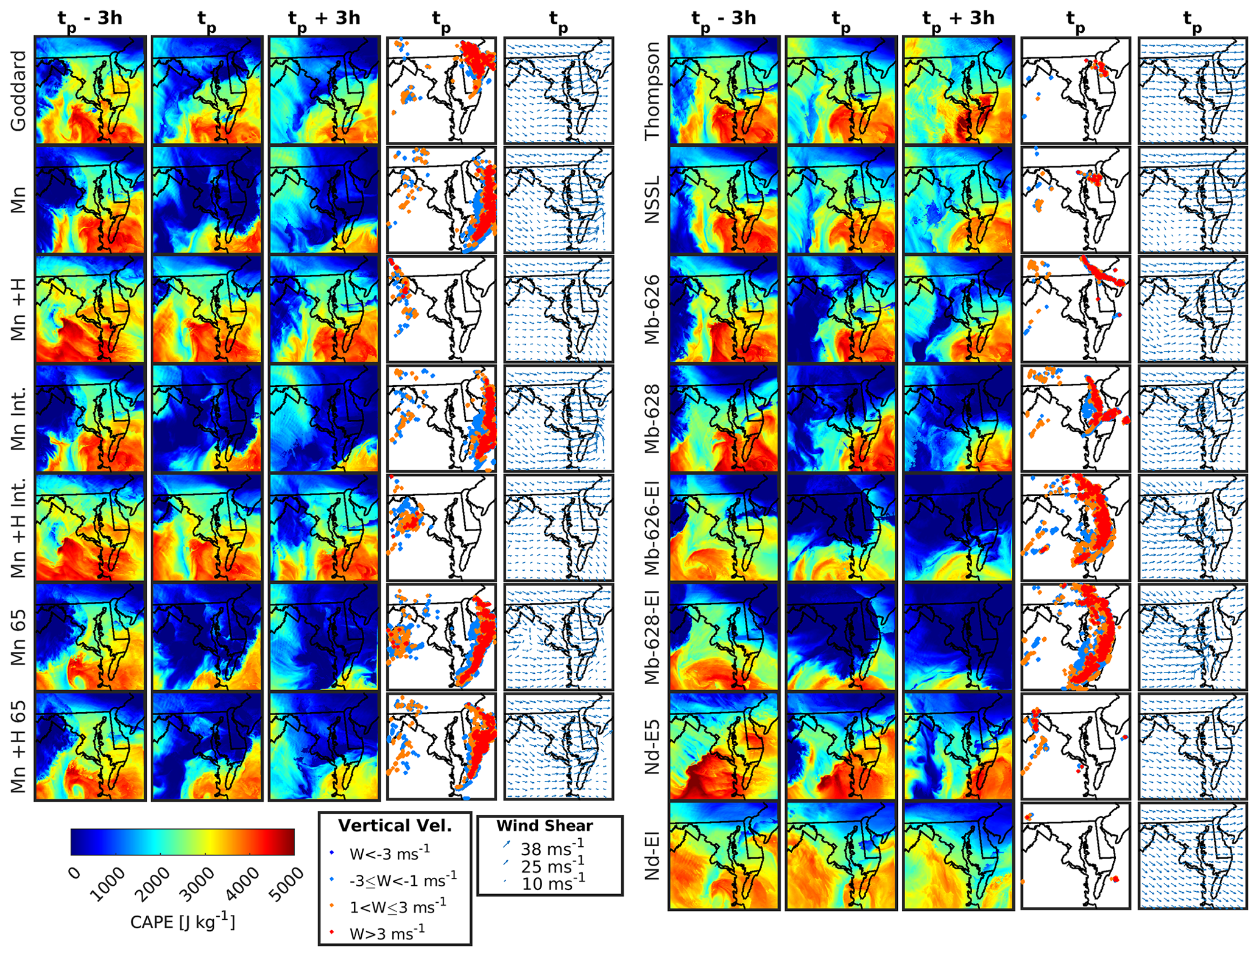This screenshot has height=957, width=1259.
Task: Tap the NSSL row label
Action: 652,200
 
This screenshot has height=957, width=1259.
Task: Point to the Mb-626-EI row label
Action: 652,528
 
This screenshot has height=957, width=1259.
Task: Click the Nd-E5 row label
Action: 652,747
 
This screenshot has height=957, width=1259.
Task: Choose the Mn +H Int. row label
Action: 18,528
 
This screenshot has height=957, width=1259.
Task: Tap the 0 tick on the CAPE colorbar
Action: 74,872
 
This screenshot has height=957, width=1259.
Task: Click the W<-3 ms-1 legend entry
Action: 389,853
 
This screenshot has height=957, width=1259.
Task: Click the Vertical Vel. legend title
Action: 395,826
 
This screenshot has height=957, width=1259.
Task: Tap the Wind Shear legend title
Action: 545,826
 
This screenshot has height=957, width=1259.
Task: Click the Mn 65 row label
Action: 18,637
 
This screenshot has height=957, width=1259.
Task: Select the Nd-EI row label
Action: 652,856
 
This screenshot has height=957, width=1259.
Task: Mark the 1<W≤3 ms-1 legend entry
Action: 397,906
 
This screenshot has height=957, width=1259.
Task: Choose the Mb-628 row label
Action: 652,419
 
